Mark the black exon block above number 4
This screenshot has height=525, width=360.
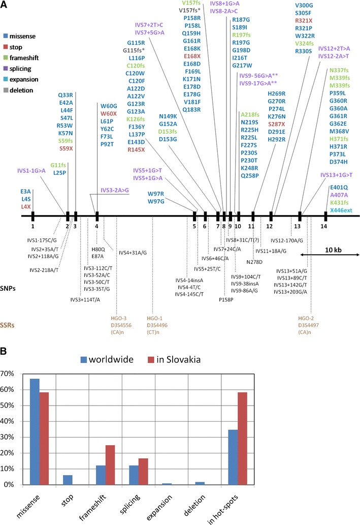pos(97,215)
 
